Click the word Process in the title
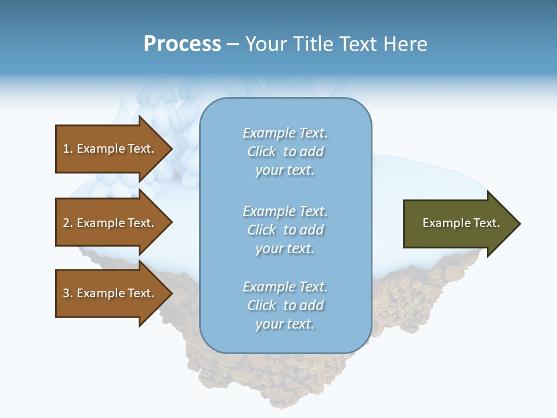182,44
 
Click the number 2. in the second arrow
67,223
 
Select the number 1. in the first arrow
67,149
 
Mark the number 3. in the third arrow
67,293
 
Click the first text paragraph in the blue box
285,152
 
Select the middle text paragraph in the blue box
285,230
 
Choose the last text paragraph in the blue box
285,305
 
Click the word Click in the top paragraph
261,152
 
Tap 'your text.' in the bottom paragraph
285,324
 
